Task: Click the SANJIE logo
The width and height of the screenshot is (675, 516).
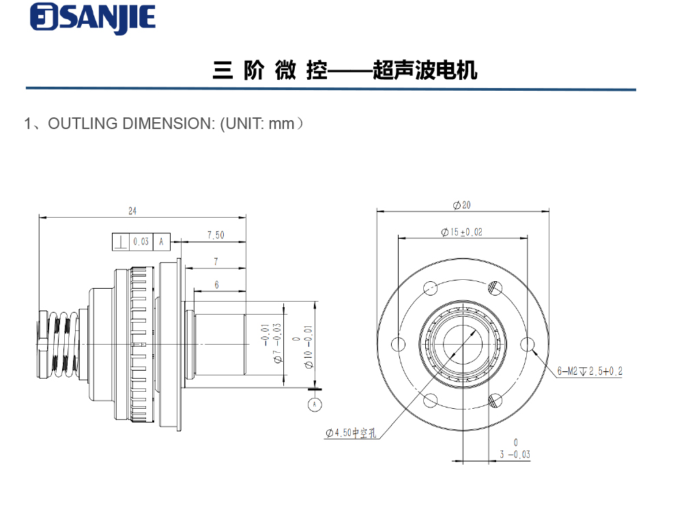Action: click(93, 18)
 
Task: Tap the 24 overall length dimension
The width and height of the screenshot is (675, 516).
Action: click(132, 212)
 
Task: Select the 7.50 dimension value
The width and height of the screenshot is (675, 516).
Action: click(216, 235)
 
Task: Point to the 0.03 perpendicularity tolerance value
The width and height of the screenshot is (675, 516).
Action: click(141, 242)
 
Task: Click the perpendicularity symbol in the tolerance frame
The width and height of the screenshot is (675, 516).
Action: click(121, 242)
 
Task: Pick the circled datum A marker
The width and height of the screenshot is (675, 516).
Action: click(315, 404)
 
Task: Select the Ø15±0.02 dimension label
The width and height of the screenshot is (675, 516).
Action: click(462, 232)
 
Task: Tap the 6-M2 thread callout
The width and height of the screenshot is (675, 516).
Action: click(589, 371)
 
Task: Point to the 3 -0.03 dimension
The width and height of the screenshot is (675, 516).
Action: click(515, 450)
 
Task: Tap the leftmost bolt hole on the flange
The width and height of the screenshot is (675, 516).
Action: click(398, 344)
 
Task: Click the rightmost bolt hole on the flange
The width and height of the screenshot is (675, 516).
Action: click(528, 344)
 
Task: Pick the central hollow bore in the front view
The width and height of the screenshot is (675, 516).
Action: click(463, 343)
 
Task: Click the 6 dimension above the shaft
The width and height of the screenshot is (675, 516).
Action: click(217, 285)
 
